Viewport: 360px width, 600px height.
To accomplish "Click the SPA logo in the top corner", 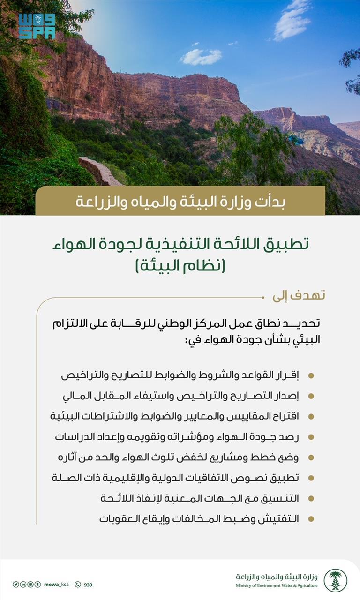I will pos(37,26).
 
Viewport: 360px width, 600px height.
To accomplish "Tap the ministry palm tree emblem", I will pos(335,580).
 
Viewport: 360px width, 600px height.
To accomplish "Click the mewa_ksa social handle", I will pos(56,584).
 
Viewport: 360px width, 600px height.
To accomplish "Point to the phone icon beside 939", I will pos(78,585).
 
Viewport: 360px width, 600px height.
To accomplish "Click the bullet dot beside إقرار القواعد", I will pos(311,375).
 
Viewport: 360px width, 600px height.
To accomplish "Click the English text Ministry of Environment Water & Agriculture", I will pos(277,586).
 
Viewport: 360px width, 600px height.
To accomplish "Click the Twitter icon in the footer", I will pos(15,585).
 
